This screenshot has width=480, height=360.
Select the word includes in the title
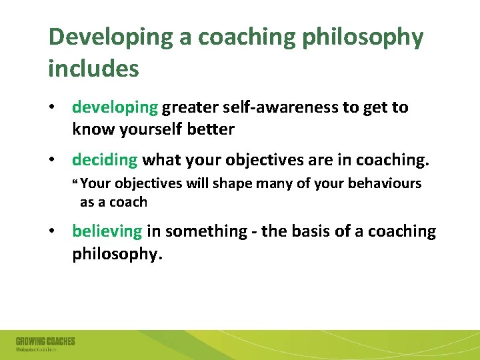click(x=93, y=68)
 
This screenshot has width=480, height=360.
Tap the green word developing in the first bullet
click(x=115, y=107)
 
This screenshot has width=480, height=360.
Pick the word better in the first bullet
click(x=211, y=129)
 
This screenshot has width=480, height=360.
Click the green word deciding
click(x=105, y=160)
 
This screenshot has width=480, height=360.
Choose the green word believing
click(x=107, y=231)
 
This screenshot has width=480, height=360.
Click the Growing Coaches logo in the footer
click(x=45, y=344)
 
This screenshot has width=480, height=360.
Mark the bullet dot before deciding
click(x=51, y=161)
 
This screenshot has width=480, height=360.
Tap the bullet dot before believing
click(x=51, y=232)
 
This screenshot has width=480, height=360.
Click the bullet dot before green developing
click(x=51, y=108)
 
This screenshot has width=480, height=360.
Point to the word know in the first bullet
click(x=91, y=129)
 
